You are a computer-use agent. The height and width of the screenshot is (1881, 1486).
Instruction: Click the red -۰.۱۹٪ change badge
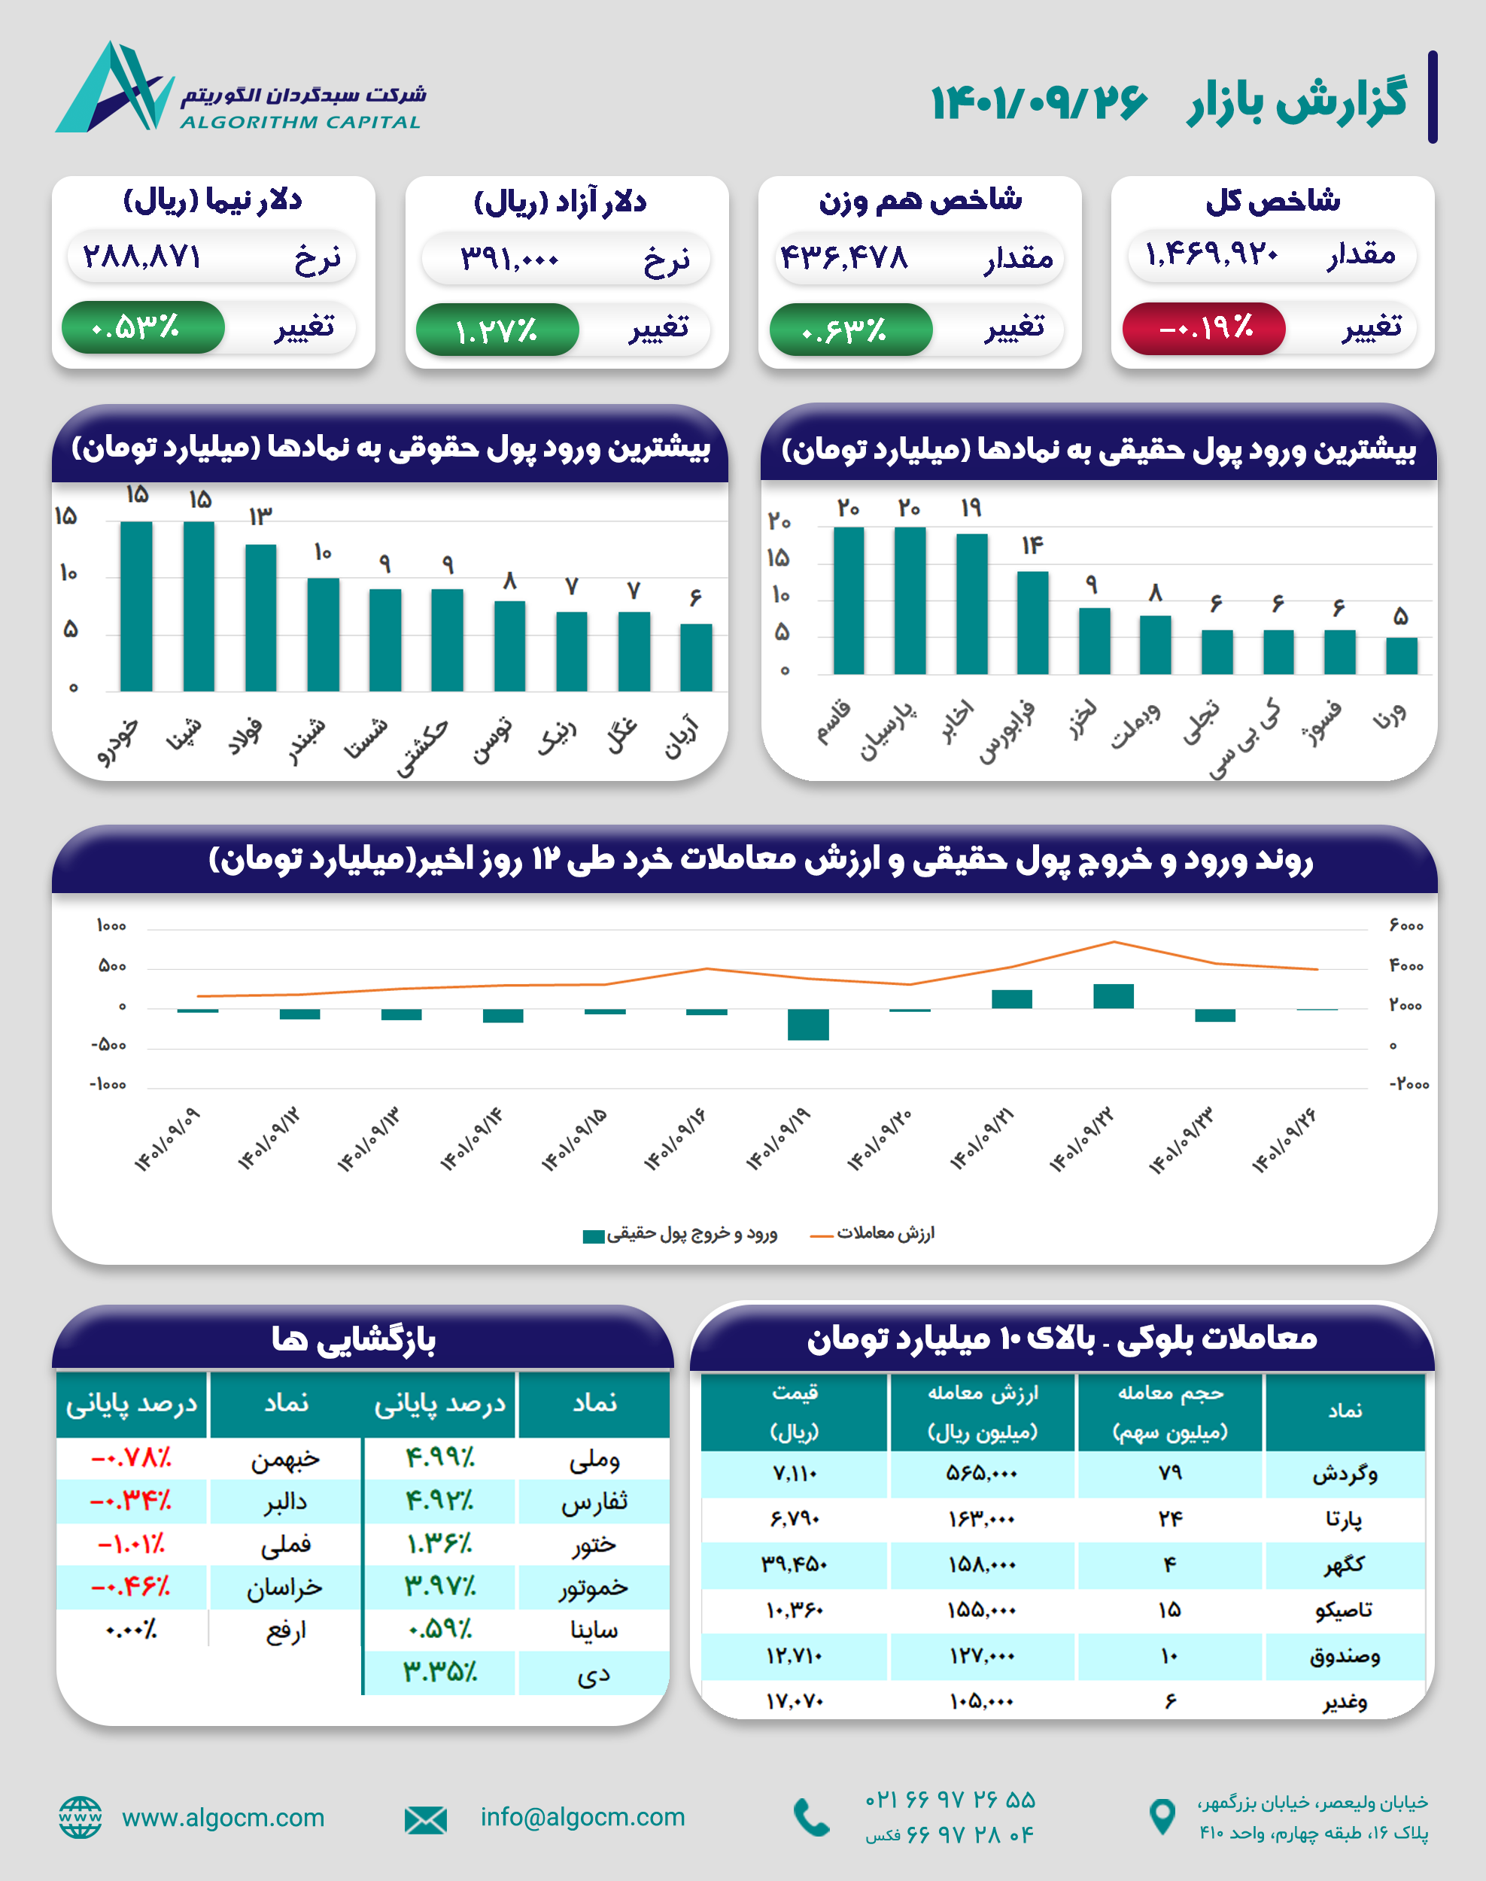tap(1204, 328)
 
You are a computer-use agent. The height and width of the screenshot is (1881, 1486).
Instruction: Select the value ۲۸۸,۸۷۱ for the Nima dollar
tap(141, 257)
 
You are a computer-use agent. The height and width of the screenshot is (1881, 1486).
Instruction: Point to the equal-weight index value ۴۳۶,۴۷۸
tap(843, 257)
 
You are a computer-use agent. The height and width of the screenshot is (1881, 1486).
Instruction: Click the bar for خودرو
tap(137, 606)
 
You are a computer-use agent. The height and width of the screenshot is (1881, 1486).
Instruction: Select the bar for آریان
tap(696, 657)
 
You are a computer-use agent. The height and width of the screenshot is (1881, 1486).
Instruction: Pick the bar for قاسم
tap(848, 600)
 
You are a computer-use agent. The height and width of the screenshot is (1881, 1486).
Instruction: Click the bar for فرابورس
tap(1033, 622)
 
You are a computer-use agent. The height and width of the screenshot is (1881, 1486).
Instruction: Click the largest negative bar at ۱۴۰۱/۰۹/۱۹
tap(808, 1024)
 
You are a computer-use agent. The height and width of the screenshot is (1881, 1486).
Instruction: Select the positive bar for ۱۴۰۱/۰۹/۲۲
tap(1114, 996)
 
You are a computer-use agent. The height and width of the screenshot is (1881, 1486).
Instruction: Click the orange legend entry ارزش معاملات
tap(874, 1233)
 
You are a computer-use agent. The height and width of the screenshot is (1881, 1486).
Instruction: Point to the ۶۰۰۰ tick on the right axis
tap(1406, 925)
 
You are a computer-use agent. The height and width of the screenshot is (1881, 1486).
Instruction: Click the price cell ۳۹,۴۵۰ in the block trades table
tap(795, 1564)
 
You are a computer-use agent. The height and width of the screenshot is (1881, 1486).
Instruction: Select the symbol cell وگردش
tap(1345, 1473)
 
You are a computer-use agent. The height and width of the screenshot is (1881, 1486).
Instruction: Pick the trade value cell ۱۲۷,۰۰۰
tap(982, 1656)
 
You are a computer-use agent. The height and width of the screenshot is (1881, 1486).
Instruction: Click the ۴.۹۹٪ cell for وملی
tap(440, 1457)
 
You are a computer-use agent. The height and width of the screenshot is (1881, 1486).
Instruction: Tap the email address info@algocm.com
tap(582, 1816)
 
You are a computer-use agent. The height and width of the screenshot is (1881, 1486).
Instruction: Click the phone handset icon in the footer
tap(812, 1818)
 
